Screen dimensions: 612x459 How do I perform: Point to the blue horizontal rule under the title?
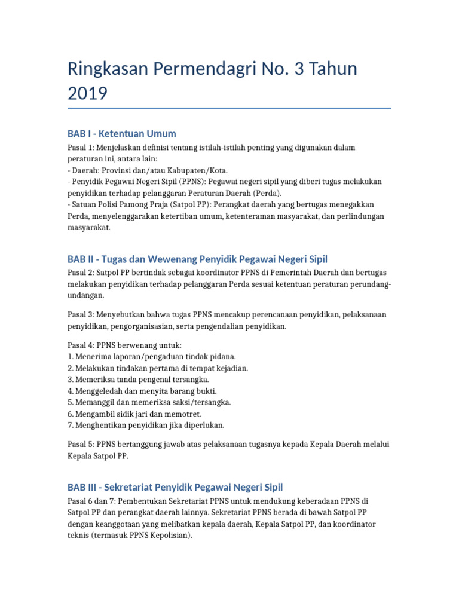point(229,108)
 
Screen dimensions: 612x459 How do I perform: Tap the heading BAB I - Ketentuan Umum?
point(122,133)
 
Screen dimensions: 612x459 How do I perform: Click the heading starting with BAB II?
point(197,259)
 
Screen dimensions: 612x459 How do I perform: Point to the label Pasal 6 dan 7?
point(96,501)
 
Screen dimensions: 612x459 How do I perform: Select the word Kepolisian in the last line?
point(170,536)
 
